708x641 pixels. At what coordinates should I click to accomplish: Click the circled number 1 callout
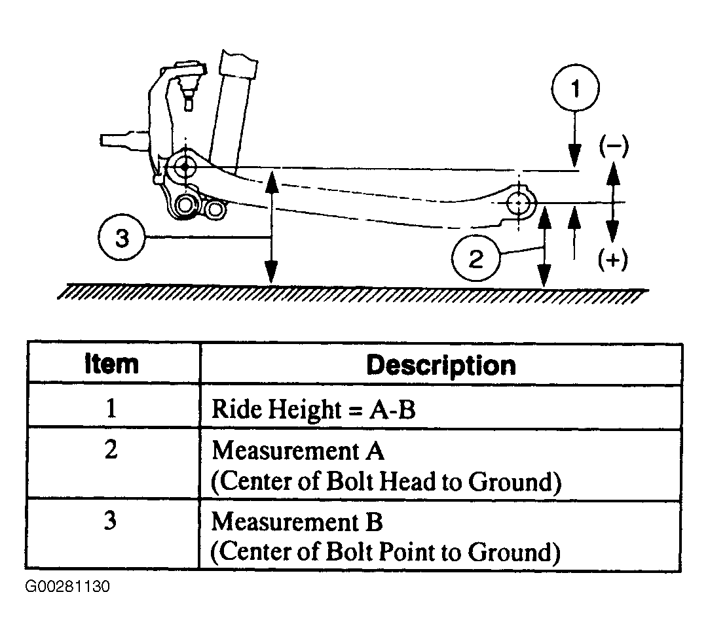(575, 88)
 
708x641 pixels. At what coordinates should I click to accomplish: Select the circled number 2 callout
(476, 258)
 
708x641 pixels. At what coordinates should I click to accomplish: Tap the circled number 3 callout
(122, 237)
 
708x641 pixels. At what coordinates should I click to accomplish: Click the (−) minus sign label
(614, 146)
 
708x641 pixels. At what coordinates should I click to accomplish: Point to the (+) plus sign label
(613, 260)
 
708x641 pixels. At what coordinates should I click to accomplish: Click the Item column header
(111, 364)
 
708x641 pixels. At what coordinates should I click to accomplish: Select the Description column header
(441, 366)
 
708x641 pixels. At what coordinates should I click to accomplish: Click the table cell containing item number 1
(113, 406)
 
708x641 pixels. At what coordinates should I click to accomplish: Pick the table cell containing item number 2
(113, 463)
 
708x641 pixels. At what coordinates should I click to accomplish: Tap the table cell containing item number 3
(113, 534)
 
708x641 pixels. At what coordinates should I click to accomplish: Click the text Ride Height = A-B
(313, 409)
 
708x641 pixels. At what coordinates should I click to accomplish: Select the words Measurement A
(298, 451)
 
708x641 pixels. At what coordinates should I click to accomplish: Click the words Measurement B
(297, 521)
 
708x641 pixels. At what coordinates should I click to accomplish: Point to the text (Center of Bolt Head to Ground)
(386, 482)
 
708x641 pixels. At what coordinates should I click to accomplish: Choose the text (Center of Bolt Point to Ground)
(385, 552)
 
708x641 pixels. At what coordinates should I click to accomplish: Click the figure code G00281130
(67, 587)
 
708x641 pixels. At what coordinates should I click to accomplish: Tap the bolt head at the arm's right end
(519, 203)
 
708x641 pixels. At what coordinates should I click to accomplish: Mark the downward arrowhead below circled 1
(574, 155)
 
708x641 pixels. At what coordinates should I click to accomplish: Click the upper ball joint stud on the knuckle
(189, 92)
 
